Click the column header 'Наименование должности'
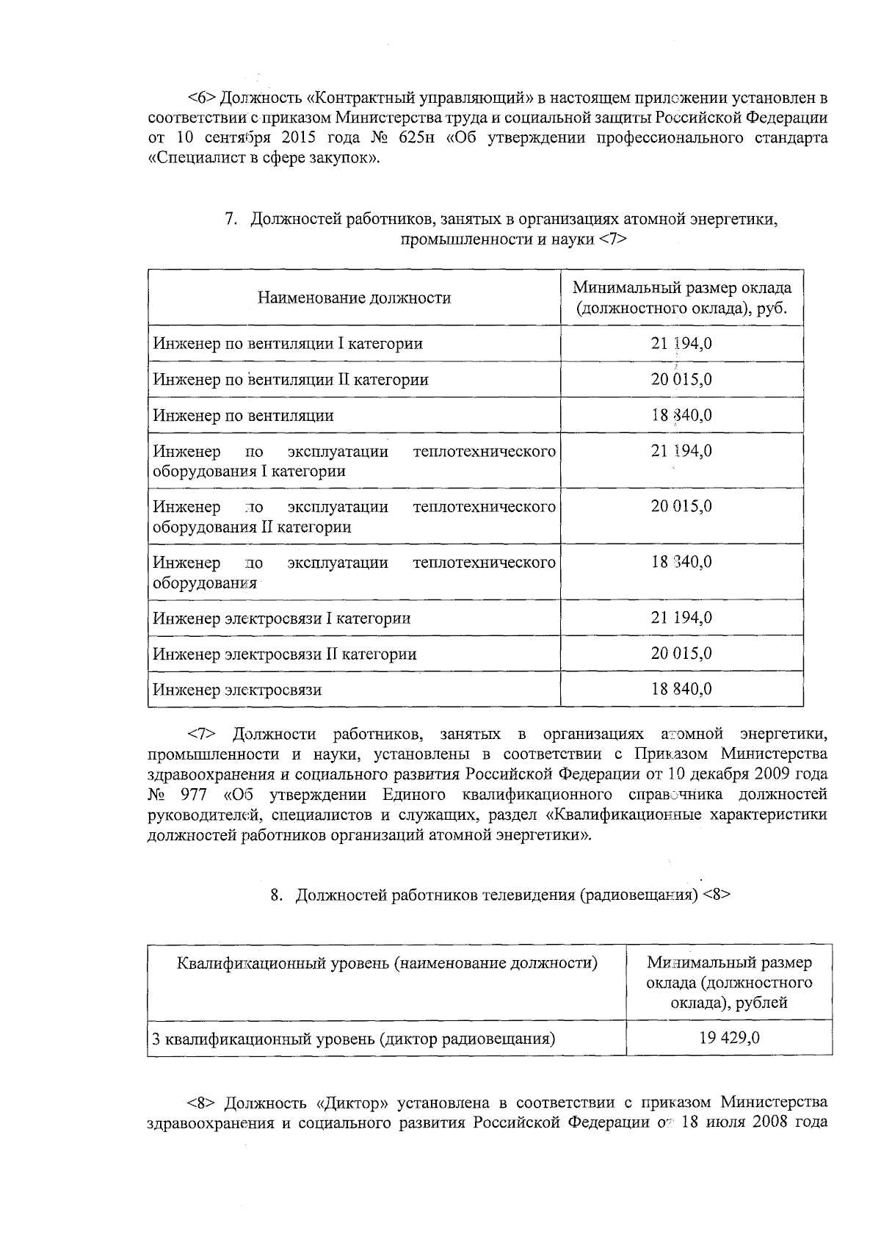click(354, 297)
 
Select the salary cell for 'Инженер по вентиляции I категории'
click(681, 343)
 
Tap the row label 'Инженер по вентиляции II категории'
click(291, 379)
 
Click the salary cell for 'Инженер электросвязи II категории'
click(681, 653)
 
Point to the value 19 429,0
click(729, 1038)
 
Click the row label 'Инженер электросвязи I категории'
click(282, 618)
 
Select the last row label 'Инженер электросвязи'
click(237, 690)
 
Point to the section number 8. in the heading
click(276, 895)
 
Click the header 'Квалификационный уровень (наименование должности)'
click(387, 963)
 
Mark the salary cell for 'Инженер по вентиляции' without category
click(681, 415)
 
